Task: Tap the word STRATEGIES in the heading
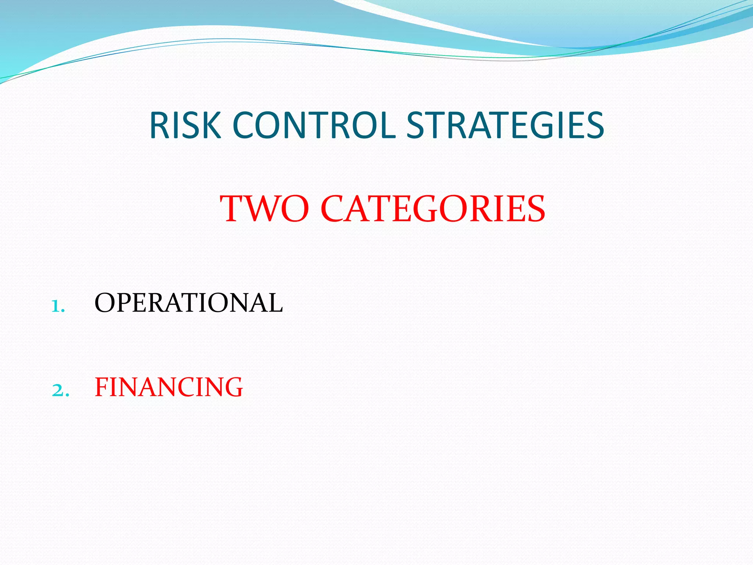(x=505, y=125)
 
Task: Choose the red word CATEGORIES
(x=433, y=209)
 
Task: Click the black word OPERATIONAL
(x=189, y=303)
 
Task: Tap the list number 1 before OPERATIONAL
(x=57, y=306)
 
